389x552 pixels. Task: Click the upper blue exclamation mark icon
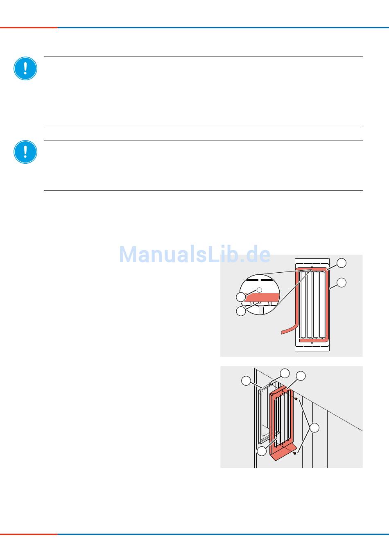pos(25,68)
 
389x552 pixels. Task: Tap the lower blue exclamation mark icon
pos(25,152)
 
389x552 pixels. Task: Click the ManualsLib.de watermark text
pos(195,255)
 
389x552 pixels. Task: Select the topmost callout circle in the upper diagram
pos(342,262)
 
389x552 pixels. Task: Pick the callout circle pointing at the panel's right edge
pos(342,282)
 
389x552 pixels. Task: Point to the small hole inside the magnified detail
pos(259,290)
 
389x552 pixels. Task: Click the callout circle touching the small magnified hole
pos(241,296)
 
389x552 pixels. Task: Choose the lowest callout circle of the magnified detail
pos(241,311)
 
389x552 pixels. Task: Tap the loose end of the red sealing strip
pos(282,331)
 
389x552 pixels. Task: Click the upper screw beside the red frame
pos(296,398)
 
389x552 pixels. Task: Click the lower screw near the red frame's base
pos(295,454)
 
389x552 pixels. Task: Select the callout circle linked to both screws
pos(314,428)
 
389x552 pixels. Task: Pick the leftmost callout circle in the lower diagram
pos(246,381)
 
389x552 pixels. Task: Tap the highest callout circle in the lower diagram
pos(285,373)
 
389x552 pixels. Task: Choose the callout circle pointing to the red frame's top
pos(301,376)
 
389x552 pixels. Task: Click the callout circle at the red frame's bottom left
pos(262,451)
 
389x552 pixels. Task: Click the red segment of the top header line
pos(29,27)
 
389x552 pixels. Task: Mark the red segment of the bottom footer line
pos(29,534)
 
